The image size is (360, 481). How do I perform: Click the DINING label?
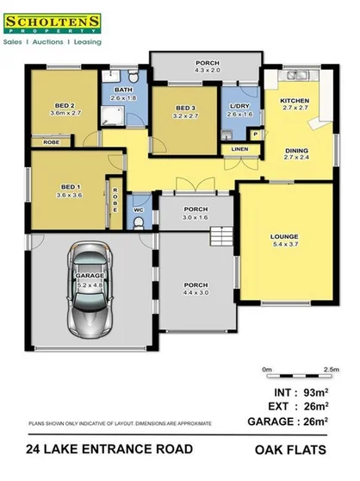295,151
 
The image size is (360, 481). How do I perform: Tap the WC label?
139,209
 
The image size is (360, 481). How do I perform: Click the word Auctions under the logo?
52,41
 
